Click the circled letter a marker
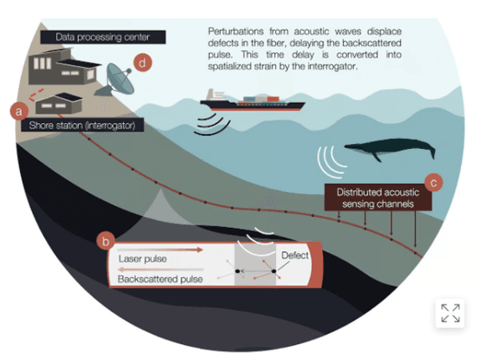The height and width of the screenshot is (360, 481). (18, 111)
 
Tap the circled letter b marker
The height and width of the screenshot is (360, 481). (105, 241)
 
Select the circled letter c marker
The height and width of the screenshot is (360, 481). (434, 183)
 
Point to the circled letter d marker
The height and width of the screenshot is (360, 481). (143, 63)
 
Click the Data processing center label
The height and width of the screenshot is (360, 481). (103, 37)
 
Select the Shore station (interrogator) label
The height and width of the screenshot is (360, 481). (82, 126)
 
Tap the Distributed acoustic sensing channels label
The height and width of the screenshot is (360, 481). (378, 198)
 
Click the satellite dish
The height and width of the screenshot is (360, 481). (118, 80)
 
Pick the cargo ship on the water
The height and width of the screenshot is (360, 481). (252, 100)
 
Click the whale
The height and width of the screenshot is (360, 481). (390, 148)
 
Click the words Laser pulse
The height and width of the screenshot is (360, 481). (143, 259)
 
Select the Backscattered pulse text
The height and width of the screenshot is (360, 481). (160, 279)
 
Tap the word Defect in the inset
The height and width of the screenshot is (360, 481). (294, 255)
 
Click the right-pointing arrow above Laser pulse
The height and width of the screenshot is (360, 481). (160, 249)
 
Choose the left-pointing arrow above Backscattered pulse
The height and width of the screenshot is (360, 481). (161, 270)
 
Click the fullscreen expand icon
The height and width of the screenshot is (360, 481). (450, 313)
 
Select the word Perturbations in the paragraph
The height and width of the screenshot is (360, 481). (236, 31)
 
